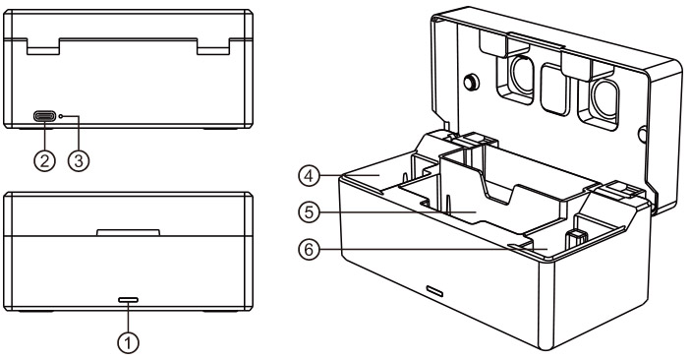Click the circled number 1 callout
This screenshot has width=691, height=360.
128,342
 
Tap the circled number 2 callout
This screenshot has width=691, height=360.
44,161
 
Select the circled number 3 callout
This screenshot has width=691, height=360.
79,161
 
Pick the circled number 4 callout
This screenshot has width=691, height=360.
309,176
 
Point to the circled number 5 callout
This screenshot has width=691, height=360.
309,212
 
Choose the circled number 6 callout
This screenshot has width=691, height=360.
309,250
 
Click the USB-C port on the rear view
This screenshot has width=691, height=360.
44,116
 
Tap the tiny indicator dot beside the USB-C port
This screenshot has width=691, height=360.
61,116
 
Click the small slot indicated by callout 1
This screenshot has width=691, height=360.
128,300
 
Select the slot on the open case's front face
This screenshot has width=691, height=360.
434,291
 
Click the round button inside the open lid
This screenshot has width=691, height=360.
472,82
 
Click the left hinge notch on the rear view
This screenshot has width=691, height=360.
43,47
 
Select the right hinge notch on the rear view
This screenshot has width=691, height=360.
213,47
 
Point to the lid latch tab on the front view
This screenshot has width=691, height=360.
128,232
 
